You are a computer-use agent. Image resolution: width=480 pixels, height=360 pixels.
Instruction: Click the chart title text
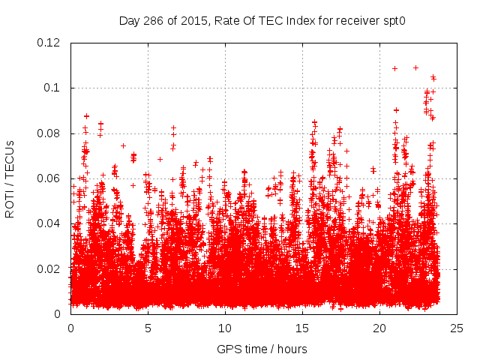[262, 20]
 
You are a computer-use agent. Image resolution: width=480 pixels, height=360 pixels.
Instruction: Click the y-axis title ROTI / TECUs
[10, 178]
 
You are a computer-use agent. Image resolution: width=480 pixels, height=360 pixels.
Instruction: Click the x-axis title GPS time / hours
[262, 349]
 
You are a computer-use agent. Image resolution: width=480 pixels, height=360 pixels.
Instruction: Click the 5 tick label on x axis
[148, 328]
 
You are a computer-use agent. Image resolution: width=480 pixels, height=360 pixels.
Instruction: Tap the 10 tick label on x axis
[225, 328]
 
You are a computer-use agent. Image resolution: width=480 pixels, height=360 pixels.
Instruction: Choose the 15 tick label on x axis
[302, 328]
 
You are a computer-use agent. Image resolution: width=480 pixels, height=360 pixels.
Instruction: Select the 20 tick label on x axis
[379, 328]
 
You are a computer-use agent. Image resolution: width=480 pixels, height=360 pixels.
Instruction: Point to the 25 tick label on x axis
[457, 328]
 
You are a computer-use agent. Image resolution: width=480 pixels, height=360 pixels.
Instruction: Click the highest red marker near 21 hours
[394, 68]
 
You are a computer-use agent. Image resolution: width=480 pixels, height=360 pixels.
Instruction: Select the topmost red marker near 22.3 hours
[415, 67]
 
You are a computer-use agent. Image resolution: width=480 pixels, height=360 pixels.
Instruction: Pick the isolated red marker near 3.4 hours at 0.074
[123, 145]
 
